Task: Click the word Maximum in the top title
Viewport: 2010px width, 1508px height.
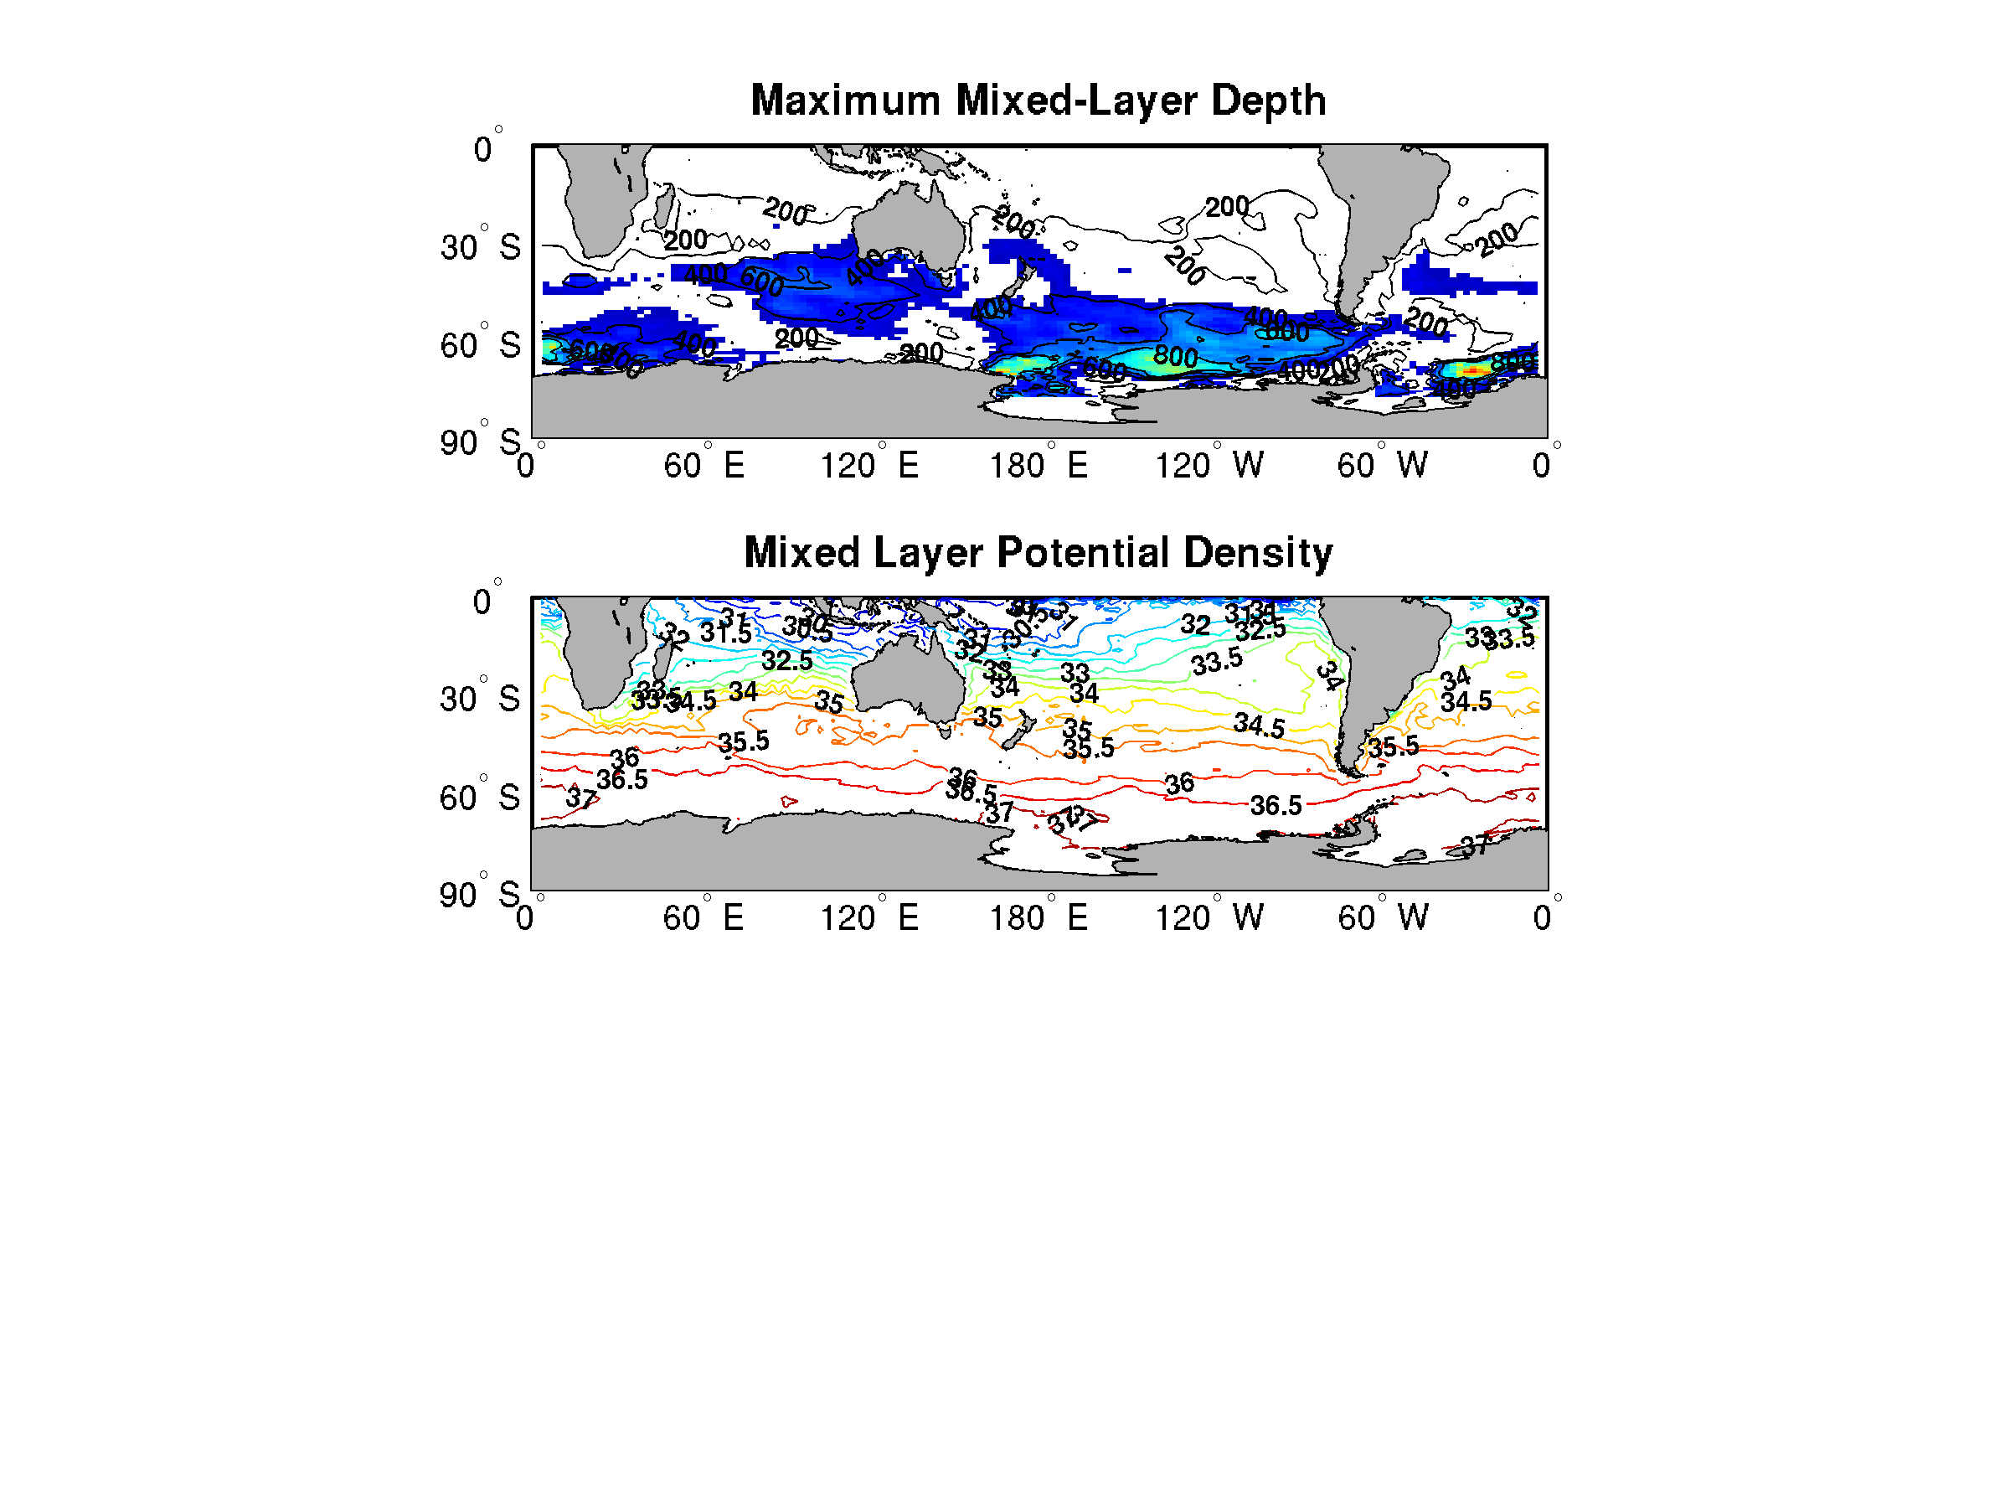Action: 844,100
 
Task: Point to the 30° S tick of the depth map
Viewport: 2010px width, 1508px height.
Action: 480,246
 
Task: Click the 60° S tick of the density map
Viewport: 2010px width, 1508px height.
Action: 479,798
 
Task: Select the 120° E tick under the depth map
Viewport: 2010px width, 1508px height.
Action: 868,466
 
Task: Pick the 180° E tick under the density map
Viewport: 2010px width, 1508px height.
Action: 1038,917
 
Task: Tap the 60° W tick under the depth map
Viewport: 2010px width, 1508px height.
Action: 1381,466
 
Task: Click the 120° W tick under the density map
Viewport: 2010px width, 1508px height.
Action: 1209,917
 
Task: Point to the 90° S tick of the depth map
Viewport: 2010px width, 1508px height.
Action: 480,442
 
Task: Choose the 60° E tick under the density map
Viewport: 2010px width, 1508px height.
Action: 703,917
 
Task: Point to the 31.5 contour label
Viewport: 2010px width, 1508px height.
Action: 725,633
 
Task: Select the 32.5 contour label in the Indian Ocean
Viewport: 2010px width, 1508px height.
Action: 786,661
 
